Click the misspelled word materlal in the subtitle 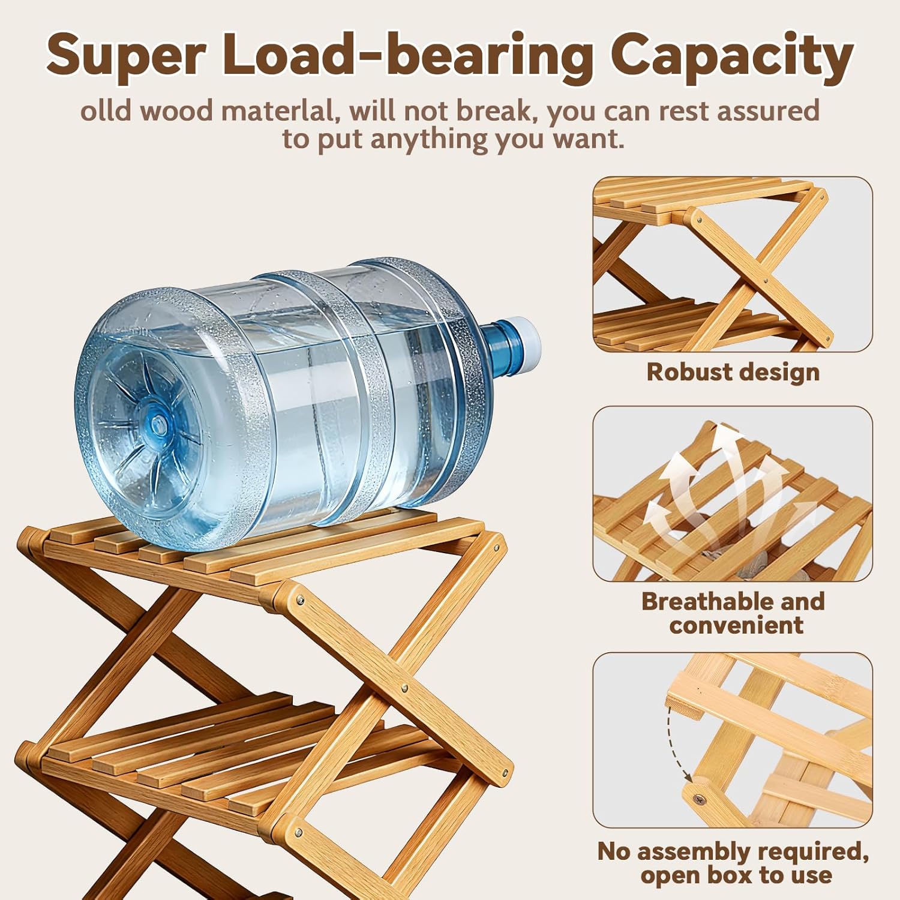click(x=278, y=112)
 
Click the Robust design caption click(x=733, y=372)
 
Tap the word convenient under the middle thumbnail click(x=736, y=625)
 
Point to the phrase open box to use click(x=736, y=875)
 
